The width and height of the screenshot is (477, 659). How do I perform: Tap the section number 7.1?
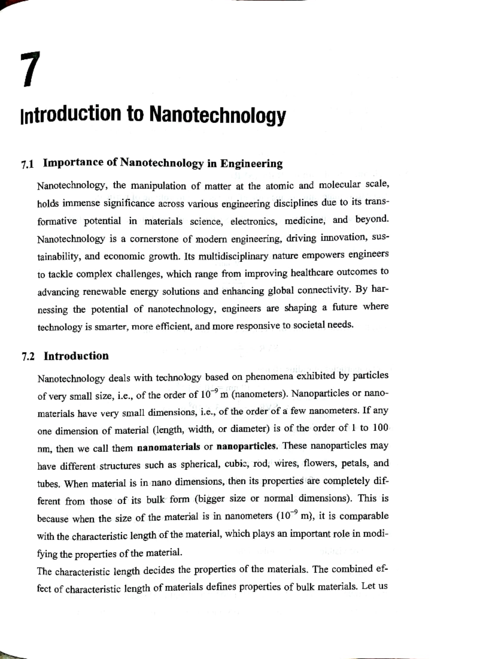click(x=28, y=164)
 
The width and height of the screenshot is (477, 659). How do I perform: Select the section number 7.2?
click(x=28, y=356)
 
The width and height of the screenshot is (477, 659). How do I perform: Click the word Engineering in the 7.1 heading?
click(x=252, y=164)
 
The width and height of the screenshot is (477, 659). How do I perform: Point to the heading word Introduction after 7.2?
click(x=76, y=356)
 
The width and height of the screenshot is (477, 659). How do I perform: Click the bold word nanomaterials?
click(x=169, y=447)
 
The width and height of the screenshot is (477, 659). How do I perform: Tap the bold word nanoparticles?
click(x=246, y=446)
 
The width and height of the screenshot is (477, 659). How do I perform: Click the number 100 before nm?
click(x=380, y=428)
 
